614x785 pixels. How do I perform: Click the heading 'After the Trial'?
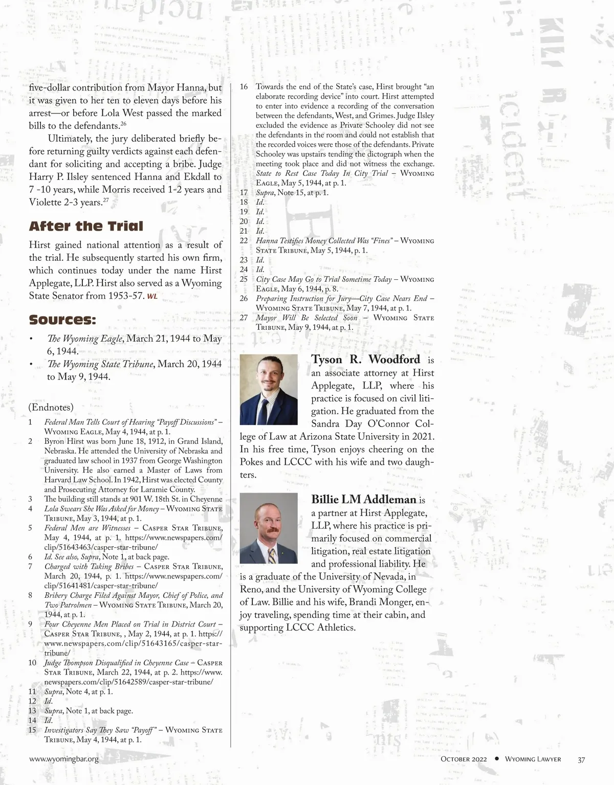[86, 227]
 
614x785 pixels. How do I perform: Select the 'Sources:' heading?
[62, 320]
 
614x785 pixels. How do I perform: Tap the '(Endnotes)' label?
[51, 407]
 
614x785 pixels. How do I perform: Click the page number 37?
[581, 759]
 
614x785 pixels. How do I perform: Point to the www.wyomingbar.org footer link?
[64, 759]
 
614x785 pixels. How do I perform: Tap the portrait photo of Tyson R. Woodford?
[269, 389]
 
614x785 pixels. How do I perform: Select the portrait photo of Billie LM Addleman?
[269, 528]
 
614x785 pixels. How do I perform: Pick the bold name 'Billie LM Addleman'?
[363, 500]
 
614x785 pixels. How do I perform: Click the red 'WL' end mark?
[152, 297]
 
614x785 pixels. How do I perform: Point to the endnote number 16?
[244, 87]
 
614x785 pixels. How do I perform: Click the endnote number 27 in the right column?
[244, 318]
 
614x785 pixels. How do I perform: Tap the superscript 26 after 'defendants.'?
[123, 124]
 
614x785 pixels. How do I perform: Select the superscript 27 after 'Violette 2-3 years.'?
[106, 200]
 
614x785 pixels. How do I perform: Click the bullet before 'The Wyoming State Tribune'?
[31, 365]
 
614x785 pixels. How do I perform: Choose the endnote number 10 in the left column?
[33, 663]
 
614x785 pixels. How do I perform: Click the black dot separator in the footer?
[496, 759]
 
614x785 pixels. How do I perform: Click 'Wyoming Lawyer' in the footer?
[533, 759]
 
